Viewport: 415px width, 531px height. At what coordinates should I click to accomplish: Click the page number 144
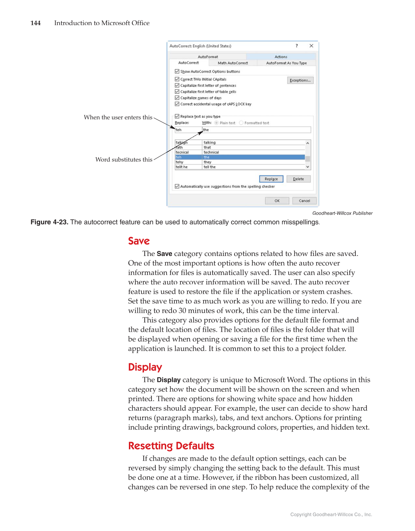coord(36,23)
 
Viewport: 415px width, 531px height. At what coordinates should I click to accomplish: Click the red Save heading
coord(139,241)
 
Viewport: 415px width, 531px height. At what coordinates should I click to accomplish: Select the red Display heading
coord(145,367)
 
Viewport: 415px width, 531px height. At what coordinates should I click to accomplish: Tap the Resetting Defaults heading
coord(171,446)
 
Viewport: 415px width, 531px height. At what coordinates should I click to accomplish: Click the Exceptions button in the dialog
coord(300,80)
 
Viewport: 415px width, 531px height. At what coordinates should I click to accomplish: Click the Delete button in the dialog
coord(298,179)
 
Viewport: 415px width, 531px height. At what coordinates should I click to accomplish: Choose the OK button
coord(277,201)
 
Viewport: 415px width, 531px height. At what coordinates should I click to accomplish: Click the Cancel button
coord(304,201)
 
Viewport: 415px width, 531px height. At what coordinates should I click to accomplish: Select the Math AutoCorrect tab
coord(233,63)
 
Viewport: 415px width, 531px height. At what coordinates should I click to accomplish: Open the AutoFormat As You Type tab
coord(286,63)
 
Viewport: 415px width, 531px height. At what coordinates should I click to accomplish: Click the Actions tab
coord(281,57)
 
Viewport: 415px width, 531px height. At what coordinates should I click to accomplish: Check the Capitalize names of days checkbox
coord(177,98)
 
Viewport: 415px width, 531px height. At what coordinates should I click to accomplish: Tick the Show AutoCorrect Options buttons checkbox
coord(177,71)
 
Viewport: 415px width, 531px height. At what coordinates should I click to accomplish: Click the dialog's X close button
coord(311,46)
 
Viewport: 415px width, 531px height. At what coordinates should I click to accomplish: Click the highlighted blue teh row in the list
coord(239,157)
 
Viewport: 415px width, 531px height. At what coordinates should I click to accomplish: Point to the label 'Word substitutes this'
coord(124,159)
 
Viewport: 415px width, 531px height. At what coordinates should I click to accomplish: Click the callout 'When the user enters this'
coord(118,117)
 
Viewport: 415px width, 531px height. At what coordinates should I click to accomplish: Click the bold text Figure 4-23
coord(49,222)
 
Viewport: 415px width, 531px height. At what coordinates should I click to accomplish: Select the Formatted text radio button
coord(241,123)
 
